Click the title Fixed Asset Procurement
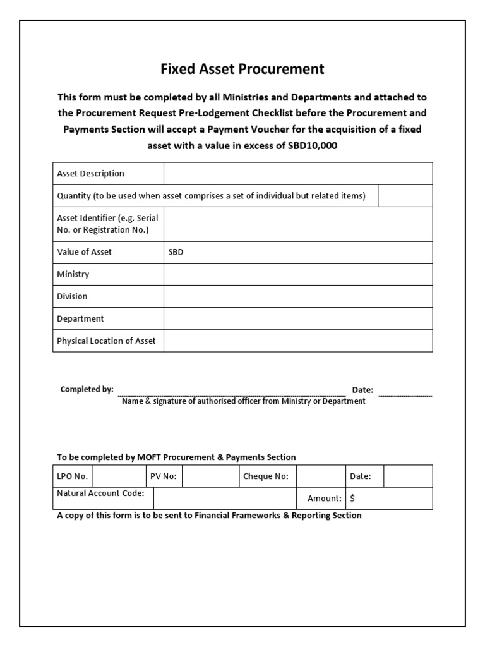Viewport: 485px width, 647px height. tap(242, 69)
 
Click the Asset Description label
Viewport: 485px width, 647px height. tap(90, 174)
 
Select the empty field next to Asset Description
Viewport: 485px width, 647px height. tap(298, 174)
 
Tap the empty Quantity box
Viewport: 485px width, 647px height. tap(405, 196)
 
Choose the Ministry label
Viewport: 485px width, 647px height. tap(73, 274)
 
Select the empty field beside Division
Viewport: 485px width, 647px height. tap(298, 296)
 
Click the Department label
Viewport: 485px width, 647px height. tap(80, 318)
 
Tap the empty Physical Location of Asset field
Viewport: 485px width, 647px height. tap(298, 341)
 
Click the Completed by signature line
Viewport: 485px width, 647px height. tap(232, 393)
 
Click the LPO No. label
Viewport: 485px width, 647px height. tap(73, 476)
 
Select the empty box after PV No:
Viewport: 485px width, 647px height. tap(210, 476)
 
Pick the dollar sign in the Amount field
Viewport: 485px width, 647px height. tap(352, 499)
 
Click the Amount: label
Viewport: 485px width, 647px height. tap(325, 499)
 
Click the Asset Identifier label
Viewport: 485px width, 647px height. tap(107, 224)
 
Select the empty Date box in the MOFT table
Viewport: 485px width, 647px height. tap(408, 476)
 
